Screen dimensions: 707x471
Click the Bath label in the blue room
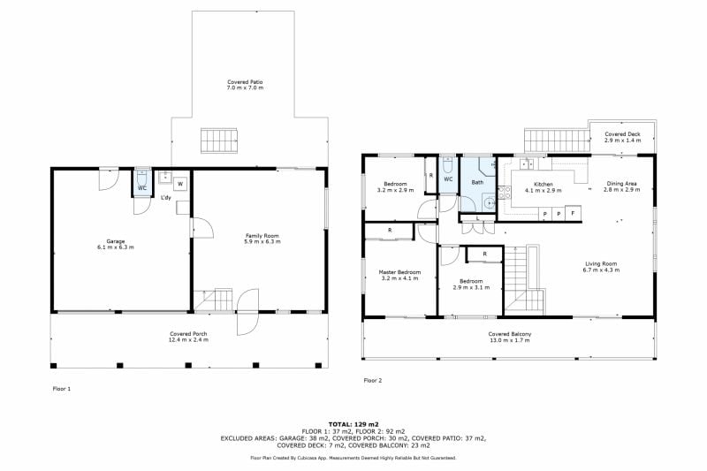477,182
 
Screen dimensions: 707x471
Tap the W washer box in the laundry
180,184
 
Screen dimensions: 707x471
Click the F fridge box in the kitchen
573,213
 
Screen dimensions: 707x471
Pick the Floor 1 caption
62,389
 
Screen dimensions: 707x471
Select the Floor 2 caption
372,380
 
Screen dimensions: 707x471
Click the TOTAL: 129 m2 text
353,424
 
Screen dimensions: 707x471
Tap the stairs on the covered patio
219,141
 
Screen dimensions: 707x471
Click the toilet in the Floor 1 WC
142,176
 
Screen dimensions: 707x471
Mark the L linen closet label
477,218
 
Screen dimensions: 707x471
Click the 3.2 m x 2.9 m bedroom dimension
395,190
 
